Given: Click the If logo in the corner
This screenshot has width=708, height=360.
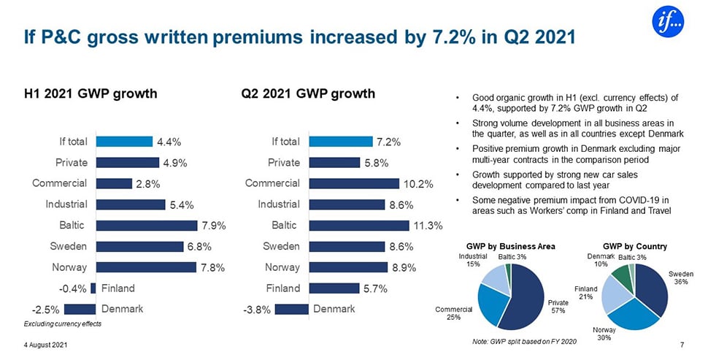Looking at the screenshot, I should (668, 22).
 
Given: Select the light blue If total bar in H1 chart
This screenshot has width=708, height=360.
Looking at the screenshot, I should (122, 141).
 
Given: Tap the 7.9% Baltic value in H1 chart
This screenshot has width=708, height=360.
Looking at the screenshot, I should (212, 225).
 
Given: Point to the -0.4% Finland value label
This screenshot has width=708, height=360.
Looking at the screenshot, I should (76, 288).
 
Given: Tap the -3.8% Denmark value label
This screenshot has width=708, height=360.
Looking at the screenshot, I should (257, 309).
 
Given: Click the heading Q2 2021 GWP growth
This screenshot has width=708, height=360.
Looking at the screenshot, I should (307, 93).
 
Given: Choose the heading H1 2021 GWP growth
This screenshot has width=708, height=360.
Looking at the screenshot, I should (91, 93).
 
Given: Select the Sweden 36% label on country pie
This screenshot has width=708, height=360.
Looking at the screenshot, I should (680, 277).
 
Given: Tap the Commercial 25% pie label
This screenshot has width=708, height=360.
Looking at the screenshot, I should (453, 313).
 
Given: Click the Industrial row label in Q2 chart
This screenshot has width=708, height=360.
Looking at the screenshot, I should (278, 204).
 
